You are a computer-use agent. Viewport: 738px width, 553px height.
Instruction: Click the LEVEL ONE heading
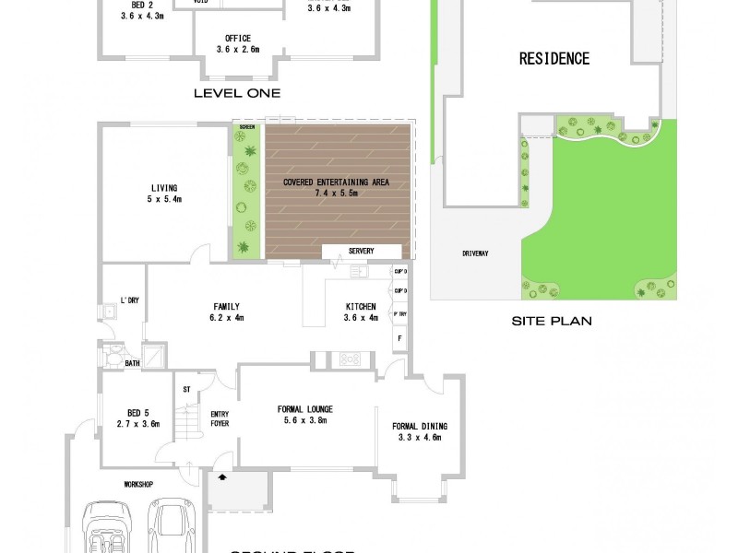236,93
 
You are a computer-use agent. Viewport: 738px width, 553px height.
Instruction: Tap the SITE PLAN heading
552,322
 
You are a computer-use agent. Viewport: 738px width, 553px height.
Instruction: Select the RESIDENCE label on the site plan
553,59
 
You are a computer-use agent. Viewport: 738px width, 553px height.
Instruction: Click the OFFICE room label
238,38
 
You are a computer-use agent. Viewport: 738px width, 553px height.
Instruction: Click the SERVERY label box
361,252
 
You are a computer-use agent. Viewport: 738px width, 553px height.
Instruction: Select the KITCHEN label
362,307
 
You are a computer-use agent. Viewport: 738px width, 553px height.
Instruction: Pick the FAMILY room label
226,307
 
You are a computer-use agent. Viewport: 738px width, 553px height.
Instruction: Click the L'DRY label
128,300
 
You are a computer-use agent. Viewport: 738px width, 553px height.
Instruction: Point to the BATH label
133,364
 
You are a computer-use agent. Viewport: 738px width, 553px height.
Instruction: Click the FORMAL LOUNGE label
304,409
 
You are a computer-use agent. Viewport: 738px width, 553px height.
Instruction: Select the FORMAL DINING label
420,426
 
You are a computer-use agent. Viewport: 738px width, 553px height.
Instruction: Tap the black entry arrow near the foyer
221,478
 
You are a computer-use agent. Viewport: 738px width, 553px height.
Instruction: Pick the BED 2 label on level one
136,5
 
